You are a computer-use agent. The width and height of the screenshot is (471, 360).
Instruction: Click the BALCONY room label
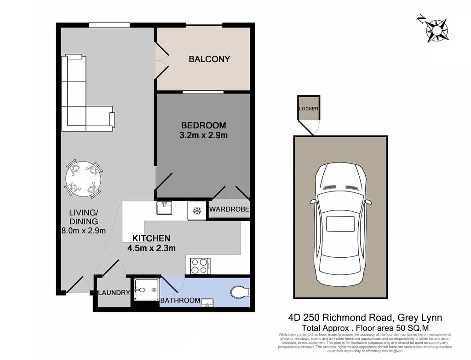click(209, 59)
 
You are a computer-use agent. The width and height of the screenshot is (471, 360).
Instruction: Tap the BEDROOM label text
click(203, 125)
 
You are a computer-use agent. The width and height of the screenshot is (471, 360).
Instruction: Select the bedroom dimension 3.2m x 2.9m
click(203, 135)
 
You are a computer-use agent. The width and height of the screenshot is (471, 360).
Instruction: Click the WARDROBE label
click(229, 209)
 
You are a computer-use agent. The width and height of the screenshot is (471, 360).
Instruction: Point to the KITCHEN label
click(151, 238)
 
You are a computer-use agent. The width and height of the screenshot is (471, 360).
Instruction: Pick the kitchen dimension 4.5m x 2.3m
click(151, 249)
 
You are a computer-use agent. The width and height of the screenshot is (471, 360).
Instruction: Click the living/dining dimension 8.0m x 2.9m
click(84, 231)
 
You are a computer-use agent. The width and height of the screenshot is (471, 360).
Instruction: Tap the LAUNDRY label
click(114, 292)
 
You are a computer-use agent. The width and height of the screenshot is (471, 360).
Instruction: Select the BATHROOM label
click(180, 300)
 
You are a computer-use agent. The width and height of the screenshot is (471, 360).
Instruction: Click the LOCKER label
click(309, 109)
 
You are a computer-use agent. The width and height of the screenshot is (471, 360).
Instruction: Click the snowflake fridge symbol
click(197, 211)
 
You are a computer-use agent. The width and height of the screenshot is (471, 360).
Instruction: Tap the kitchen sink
click(164, 208)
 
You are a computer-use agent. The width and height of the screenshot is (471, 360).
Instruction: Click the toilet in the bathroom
click(240, 292)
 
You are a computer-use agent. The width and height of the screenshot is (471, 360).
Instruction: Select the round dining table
click(84, 179)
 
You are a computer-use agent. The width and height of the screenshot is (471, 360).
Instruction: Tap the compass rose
click(436, 29)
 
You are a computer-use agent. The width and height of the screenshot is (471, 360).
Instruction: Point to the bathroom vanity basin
click(207, 303)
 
